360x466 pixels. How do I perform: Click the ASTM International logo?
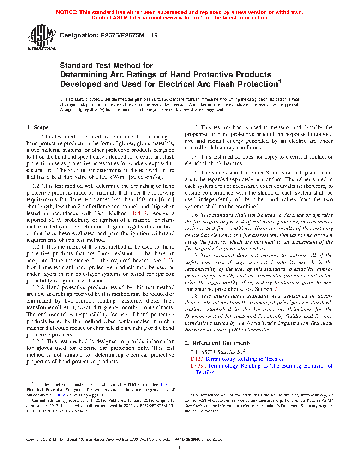[x=42, y=37]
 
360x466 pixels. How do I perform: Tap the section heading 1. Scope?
[x=37, y=127]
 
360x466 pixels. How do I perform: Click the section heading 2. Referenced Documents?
[x=217, y=343]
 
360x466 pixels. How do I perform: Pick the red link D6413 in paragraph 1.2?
[x=138, y=213]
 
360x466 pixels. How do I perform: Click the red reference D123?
[x=197, y=359]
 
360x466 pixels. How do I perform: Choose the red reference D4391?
[x=198, y=366]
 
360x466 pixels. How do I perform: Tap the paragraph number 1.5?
[x=194, y=173]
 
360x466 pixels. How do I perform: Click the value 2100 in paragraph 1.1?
[x=102, y=177]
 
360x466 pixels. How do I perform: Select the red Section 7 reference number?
[x=276, y=289]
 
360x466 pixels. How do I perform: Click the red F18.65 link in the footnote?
[x=59, y=395]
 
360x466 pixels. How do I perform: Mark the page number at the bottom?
[x=180, y=448]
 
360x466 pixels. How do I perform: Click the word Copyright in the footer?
[x=34, y=440]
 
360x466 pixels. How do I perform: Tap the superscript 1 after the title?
[x=280, y=82]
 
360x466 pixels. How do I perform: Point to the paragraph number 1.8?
[x=194, y=296]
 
